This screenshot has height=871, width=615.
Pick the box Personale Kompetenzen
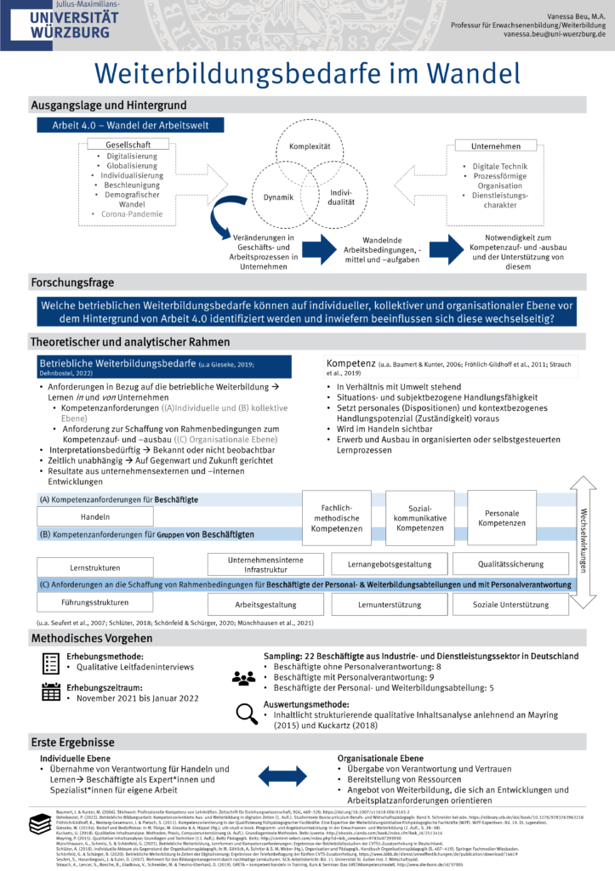501,517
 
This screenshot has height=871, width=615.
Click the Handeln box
95,516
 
